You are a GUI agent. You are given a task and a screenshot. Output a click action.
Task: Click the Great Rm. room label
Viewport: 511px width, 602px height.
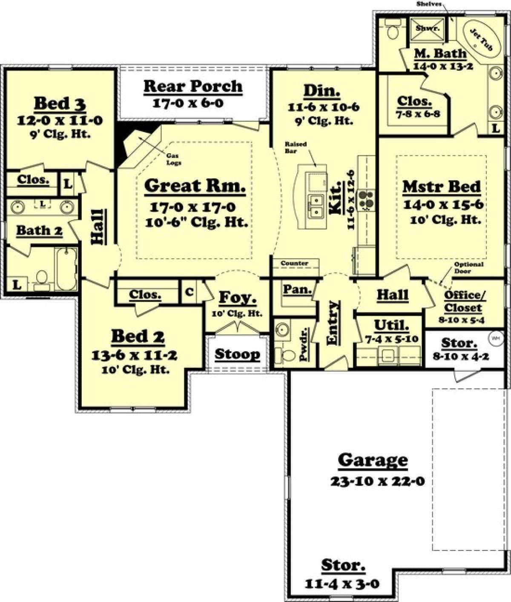click(195, 186)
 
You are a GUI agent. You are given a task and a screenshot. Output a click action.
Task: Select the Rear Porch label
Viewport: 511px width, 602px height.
click(193, 86)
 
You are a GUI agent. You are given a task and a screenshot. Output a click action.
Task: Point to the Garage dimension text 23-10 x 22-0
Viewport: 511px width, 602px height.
click(377, 481)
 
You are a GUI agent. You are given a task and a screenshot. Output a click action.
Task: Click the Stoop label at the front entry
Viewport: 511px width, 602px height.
click(237, 354)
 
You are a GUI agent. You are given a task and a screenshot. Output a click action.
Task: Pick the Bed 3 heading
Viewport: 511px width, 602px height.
click(60, 103)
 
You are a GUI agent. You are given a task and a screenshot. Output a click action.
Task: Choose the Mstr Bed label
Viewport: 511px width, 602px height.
click(442, 186)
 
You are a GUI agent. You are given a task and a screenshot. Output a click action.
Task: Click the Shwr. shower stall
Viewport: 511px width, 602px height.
click(428, 29)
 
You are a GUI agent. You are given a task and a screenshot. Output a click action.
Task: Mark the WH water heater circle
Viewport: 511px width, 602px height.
click(495, 338)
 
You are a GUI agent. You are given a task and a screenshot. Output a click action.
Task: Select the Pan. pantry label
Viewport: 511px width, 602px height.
click(297, 290)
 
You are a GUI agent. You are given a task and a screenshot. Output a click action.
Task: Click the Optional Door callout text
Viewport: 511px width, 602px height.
click(468, 267)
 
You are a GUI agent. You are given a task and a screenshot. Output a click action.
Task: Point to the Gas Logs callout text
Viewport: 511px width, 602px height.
click(173, 159)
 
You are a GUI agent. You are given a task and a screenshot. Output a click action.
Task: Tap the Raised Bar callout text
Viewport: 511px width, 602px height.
click(295, 147)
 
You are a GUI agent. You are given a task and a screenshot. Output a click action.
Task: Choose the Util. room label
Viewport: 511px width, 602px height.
click(391, 325)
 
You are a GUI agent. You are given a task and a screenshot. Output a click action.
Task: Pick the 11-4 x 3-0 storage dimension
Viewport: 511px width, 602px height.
click(342, 583)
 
